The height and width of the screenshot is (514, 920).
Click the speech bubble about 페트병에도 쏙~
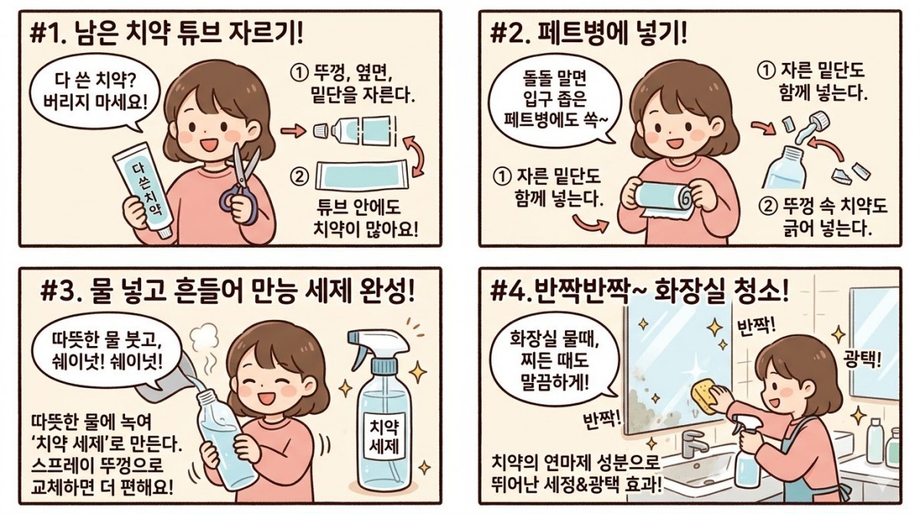pyautogui.click(x=553, y=100)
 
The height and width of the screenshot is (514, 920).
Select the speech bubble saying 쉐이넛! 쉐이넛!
pyautogui.click(x=103, y=349)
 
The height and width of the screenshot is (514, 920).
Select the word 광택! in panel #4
pyautogui.click(x=861, y=358)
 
